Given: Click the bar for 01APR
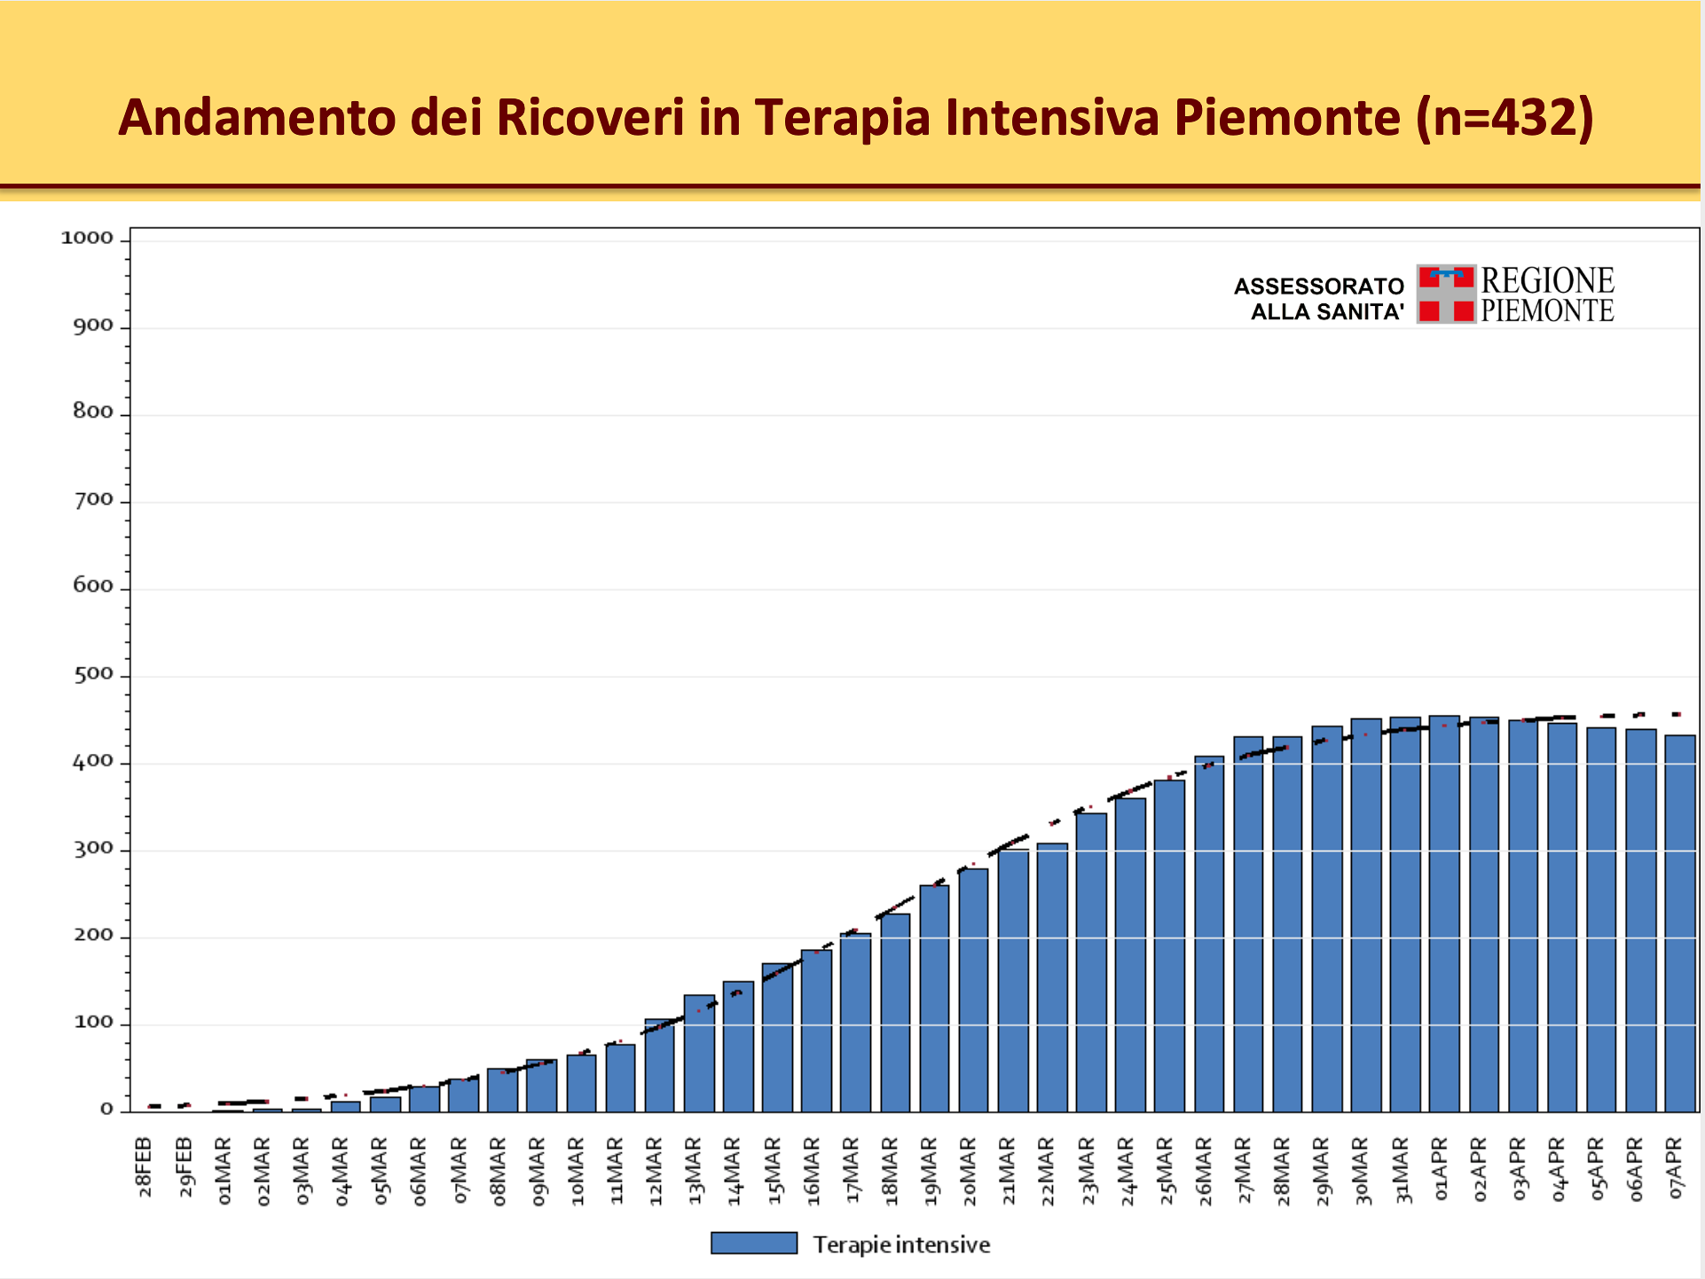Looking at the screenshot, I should (1444, 914).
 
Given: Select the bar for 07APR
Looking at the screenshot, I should (1679, 923).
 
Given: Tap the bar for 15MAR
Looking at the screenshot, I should (778, 1038).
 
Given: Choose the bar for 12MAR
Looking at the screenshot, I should (660, 1065).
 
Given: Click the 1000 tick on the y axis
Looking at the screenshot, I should (87, 238).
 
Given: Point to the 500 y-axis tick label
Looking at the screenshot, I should (93, 674).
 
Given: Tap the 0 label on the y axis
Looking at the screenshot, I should (106, 1110).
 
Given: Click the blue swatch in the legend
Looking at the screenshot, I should (754, 1244).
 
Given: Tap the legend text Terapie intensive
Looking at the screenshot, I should (901, 1245).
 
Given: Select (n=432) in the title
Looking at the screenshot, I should (1505, 117).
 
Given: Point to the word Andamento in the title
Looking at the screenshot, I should (257, 117).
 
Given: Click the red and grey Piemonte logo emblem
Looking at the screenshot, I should (1446, 294).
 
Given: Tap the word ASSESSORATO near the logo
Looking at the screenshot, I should (1319, 286).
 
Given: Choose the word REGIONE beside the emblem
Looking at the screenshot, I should (1548, 280).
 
